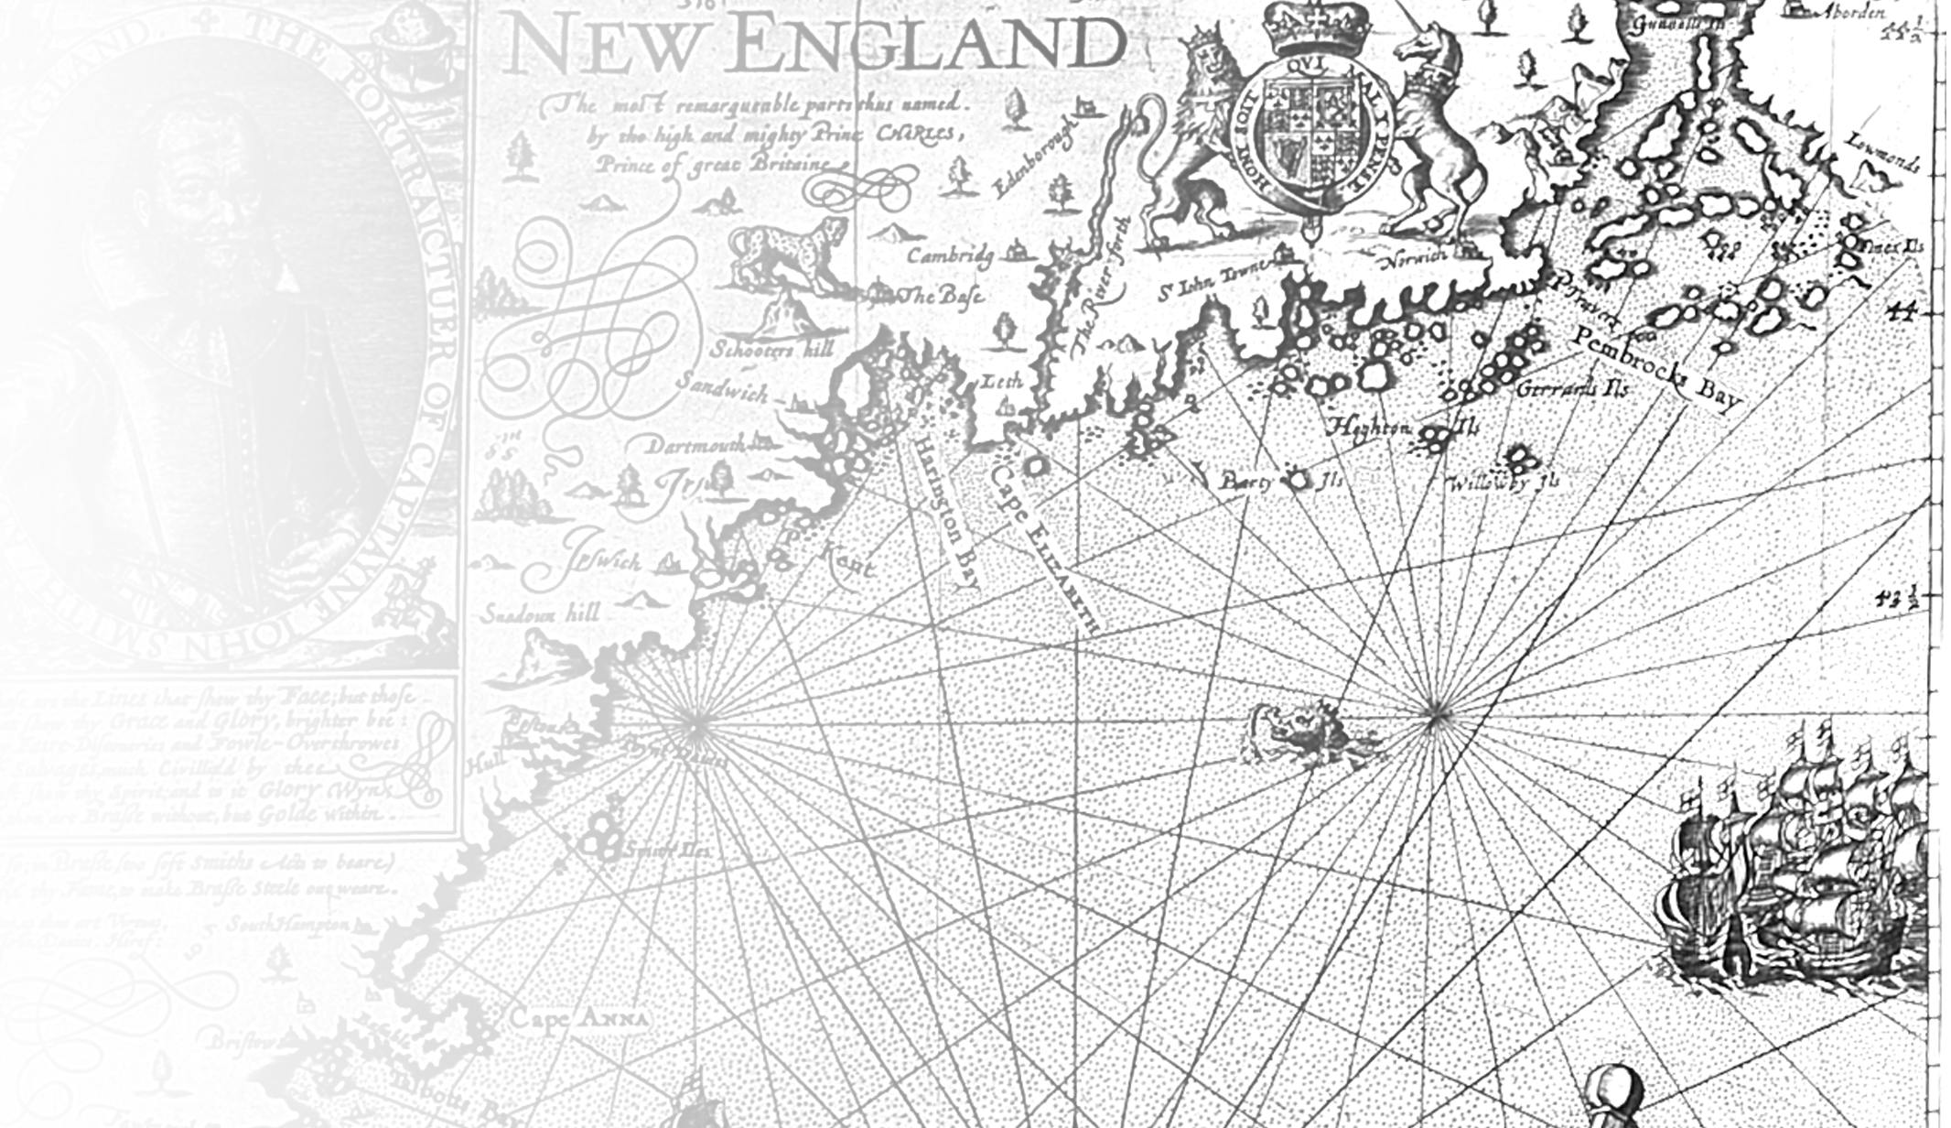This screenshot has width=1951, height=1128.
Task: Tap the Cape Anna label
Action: coord(578,1018)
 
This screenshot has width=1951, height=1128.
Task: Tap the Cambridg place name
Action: coord(950,255)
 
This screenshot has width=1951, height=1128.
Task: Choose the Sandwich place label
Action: coord(723,389)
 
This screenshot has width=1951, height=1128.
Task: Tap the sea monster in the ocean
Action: coord(1309,732)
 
